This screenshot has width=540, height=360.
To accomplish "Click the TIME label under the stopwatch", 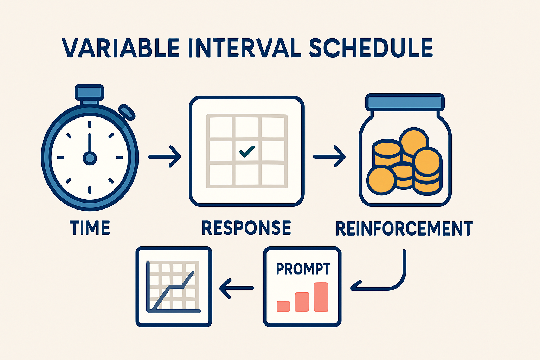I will click(90, 228).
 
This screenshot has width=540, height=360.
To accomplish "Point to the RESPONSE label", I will click(246, 228).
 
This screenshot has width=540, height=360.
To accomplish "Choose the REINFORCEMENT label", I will click(404, 228).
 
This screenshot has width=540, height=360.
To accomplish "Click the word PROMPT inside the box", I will click(303, 269).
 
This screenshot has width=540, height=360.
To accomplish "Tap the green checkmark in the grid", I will click(247, 152).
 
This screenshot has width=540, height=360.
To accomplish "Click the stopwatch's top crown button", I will click(89, 92).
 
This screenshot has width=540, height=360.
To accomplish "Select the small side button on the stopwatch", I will click(127, 112).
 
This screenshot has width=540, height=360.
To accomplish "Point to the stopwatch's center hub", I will click(90, 158).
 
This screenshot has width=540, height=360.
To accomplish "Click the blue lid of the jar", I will click(405, 102).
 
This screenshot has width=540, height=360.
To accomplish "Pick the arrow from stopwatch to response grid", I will click(164, 156).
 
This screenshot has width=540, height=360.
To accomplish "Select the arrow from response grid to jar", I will click(329, 156).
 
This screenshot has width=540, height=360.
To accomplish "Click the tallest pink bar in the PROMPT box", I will click(321, 297).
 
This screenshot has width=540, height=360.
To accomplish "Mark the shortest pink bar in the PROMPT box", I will click(283, 306).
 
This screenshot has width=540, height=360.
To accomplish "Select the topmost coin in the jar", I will click(414, 140).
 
